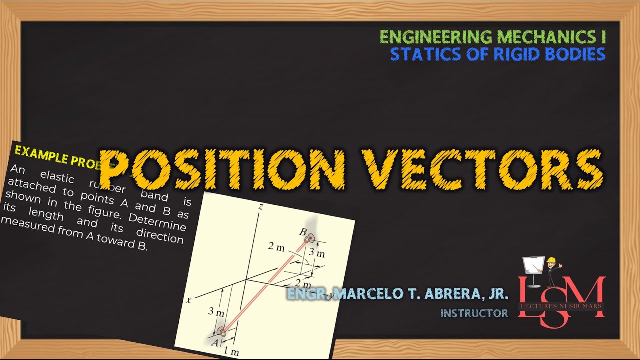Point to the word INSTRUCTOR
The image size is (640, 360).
(x=474, y=313)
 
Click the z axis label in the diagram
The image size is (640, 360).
(x=260, y=206)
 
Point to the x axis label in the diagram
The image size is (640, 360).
(x=188, y=300)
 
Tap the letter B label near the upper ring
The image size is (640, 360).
(x=302, y=232)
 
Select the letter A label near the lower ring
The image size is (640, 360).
(x=215, y=342)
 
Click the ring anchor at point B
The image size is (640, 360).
(x=310, y=239)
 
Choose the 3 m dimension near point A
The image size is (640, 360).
(x=216, y=312)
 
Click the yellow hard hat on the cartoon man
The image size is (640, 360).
(x=552, y=260)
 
